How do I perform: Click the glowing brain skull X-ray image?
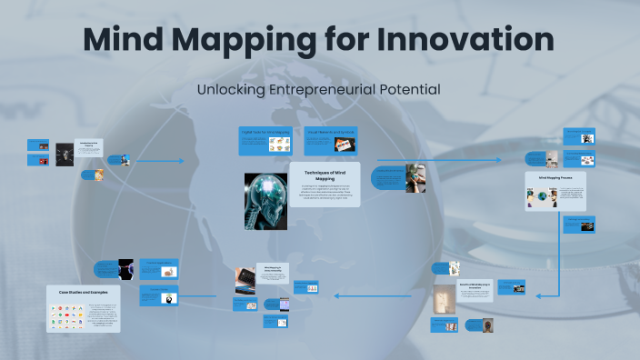coord(265,201)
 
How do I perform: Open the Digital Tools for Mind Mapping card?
coord(265,140)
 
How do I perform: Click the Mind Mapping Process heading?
coord(555,178)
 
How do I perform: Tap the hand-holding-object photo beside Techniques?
coord(415,177)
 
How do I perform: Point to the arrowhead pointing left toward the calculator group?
coord(337,295)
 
